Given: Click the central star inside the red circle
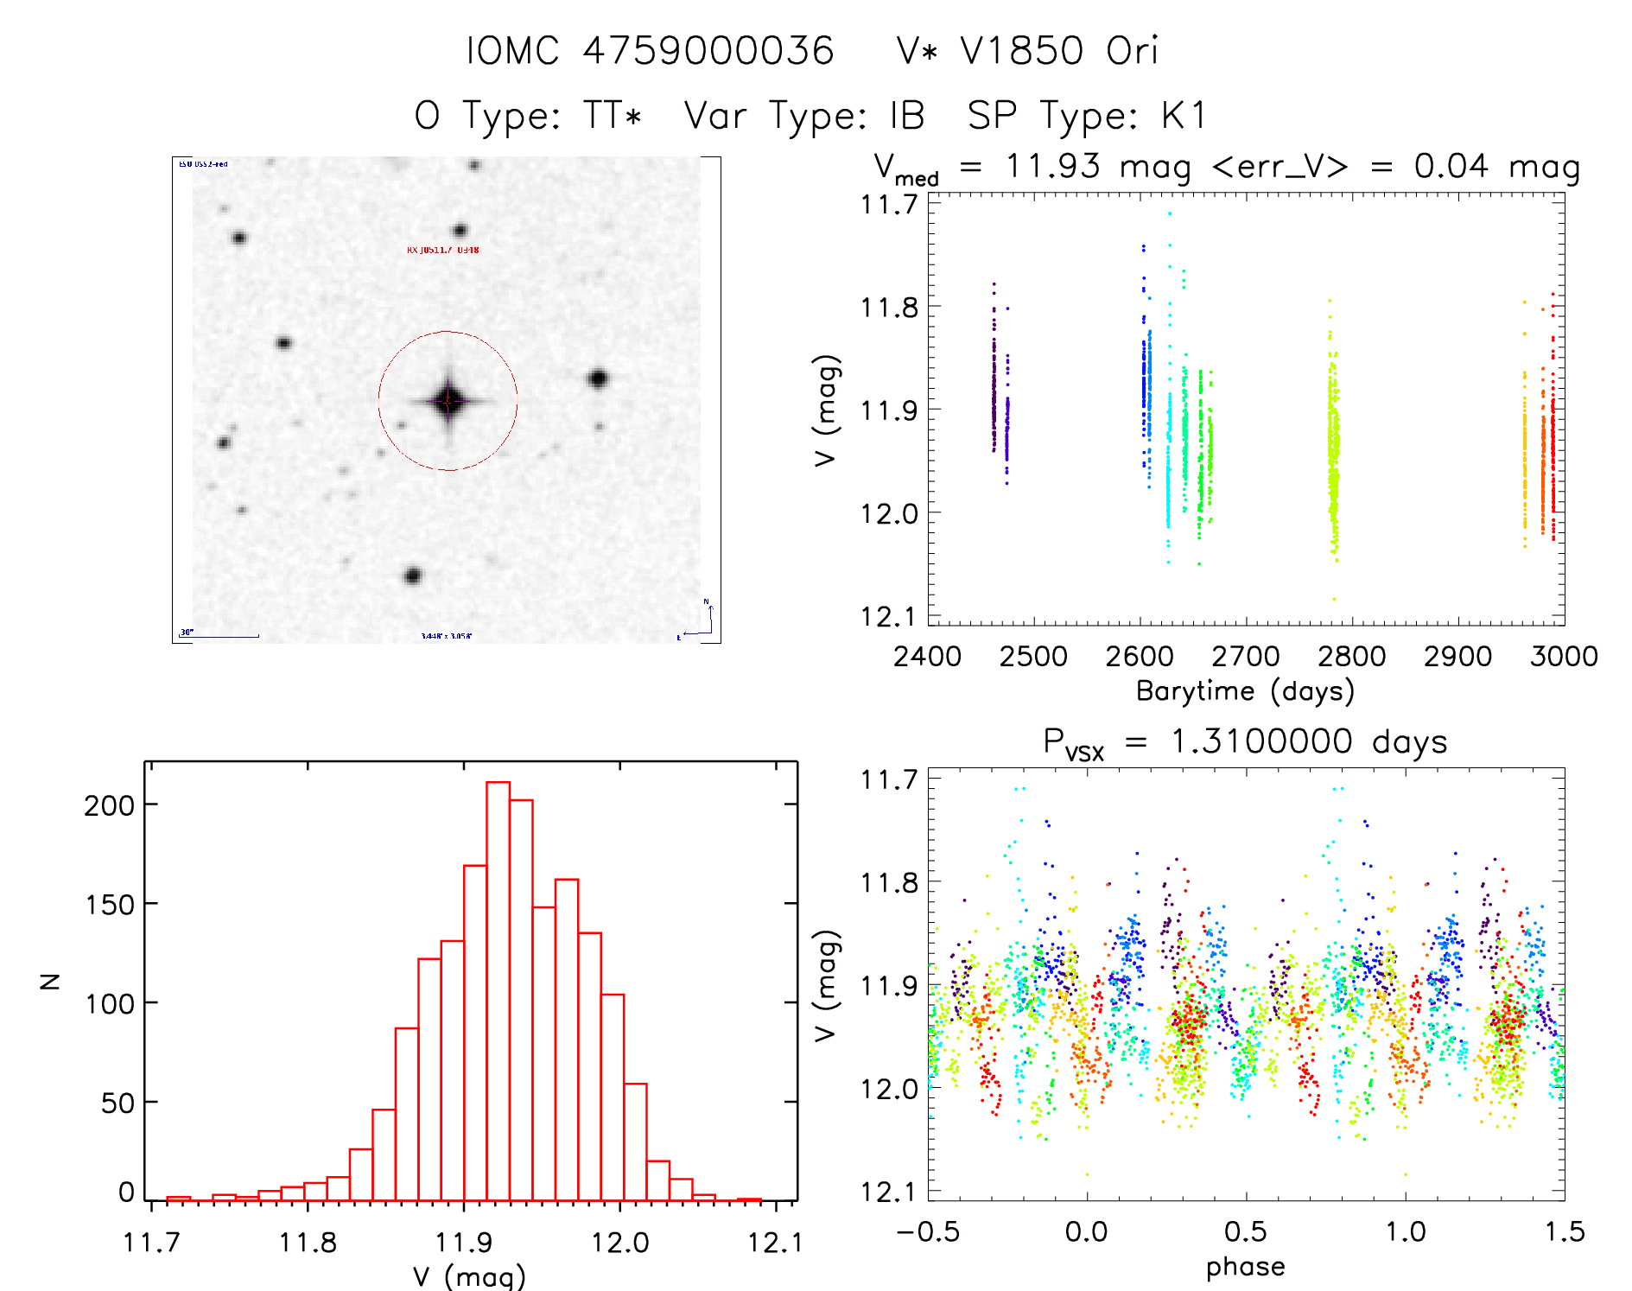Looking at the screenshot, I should (448, 401).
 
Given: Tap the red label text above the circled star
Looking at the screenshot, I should (442, 250).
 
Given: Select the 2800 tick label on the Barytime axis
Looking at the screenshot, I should (1351, 657).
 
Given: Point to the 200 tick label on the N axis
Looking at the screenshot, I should (110, 805).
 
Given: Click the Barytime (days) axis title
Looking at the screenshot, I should (1245, 691).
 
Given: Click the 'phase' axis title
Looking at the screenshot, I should (1245, 1267).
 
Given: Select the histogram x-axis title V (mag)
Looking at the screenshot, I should (469, 1276).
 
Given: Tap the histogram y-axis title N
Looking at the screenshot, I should (50, 981).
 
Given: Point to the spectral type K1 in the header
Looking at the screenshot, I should (1184, 115).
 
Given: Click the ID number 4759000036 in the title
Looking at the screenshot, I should (708, 50).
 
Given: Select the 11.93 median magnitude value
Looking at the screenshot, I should (1053, 166).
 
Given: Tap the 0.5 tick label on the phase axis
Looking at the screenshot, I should (1245, 1231).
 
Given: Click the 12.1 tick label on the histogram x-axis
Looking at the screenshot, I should (775, 1243).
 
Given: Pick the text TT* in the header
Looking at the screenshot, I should (613, 115).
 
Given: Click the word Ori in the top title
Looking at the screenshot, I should (1132, 50).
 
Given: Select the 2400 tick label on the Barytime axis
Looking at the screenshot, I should (927, 657).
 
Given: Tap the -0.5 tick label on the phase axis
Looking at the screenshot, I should (927, 1231).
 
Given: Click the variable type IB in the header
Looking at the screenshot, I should (907, 115).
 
